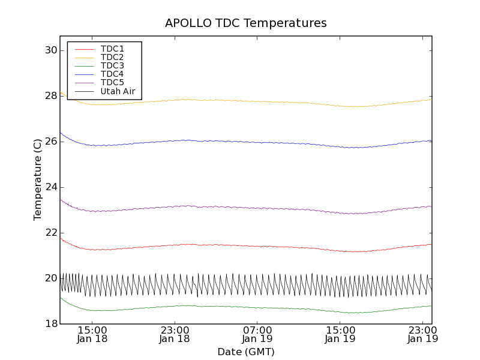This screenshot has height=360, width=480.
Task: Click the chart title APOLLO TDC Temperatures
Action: click(x=246, y=23)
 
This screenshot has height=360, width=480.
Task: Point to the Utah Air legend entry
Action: click(x=118, y=91)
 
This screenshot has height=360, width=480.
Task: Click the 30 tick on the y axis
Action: click(x=50, y=50)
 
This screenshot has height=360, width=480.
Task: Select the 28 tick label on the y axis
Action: click(x=50, y=96)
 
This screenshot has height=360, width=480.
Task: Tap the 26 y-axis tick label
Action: click(x=50, y=142)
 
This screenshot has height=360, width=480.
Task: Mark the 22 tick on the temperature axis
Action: click(x=50, y=233)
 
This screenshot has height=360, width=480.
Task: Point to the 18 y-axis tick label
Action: click(x=50, y=324)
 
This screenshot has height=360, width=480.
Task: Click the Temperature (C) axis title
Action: click(x=38, y=180)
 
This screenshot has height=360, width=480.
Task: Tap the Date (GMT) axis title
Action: click(x=246, y=352)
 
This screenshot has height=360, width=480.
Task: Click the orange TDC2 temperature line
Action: click(x=240, y=101)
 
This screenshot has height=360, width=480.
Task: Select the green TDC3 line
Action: click(x=240, y=307)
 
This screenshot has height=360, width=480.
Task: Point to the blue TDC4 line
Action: click(x=240, y=142)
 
